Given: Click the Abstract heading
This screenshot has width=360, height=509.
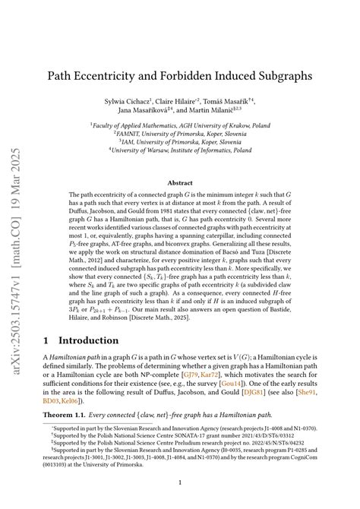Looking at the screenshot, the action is point(179,183).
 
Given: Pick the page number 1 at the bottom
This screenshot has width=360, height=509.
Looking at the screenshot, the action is point(180,482).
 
